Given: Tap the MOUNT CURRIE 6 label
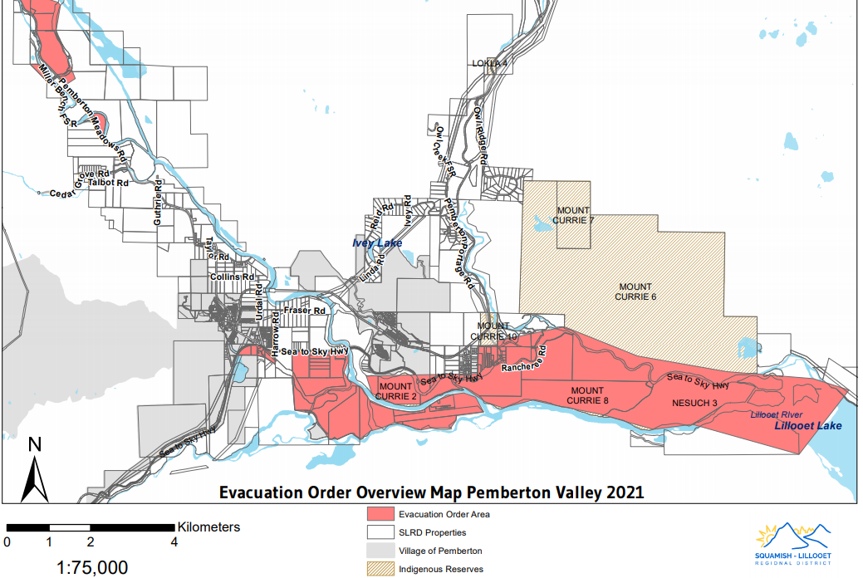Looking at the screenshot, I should [635, 292].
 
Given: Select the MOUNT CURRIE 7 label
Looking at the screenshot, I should [576, 216].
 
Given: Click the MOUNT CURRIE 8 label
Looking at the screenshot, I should [587, 395].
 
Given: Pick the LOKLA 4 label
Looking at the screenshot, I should [489, 63].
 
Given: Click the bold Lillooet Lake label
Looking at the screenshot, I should [808, 426].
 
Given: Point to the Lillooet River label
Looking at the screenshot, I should [778, 414].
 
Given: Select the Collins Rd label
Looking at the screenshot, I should [231, 277].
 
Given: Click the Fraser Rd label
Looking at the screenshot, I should [303, 311].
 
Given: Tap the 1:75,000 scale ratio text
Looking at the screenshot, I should [91, 567].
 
